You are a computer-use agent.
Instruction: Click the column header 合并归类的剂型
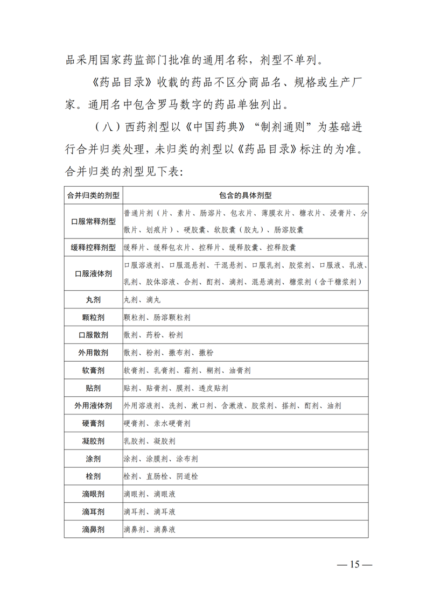tap(93, 195)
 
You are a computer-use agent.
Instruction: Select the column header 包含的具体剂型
tap(245, 195)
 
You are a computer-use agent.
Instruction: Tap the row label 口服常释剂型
tap(93, 221)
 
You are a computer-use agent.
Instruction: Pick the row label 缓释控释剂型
tap(93, 248)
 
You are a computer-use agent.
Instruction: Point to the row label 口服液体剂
tap(93, 273)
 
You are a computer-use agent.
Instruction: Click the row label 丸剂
tap(93, 299)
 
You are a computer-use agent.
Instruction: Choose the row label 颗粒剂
tap(93, 317)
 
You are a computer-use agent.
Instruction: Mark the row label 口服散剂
tap(93, 335)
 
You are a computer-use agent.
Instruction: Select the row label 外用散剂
tap(93, 353)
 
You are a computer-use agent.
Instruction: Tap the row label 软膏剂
tap(93, 370)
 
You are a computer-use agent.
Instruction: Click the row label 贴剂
tap(93, 388)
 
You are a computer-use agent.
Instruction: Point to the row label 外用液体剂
tap(93, 405)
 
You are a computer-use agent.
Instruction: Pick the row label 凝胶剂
tap(93, 441)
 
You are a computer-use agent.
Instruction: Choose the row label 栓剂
tap(93, 476)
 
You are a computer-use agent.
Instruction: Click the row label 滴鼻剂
tap(93, 529)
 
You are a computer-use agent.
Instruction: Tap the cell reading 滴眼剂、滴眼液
tap(150, 494)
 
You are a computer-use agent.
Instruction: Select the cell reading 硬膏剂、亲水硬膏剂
tap(157, 423)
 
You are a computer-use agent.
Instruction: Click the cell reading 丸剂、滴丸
tap(142, 299)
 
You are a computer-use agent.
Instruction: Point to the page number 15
tap(354, 565)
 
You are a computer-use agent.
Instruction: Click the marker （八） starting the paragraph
tap(106, 128)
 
